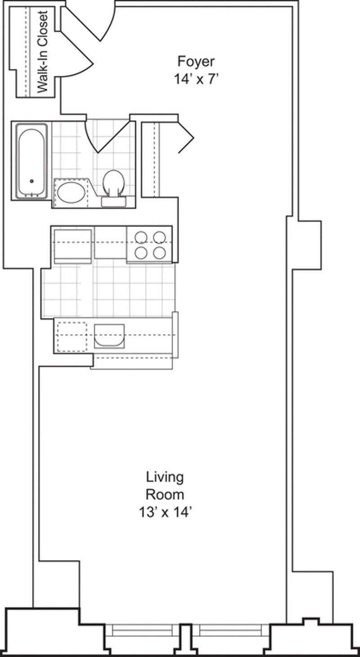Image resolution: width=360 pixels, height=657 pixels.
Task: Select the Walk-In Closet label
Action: [43, 52]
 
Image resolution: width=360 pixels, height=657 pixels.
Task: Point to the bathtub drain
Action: [31, 181]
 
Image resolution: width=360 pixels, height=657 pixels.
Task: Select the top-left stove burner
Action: [141, 237]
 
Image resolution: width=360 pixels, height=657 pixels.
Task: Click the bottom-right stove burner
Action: [159, 253]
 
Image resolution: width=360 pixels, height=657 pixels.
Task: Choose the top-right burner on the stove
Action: [159, 237]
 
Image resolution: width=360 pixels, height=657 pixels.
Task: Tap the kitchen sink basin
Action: [109, 335]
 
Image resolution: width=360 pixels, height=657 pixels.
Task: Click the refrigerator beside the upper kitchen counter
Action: [72, 245]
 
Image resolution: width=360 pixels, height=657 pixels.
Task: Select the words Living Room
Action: [165, 485]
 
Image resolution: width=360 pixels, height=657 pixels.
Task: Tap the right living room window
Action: [230, 630]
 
